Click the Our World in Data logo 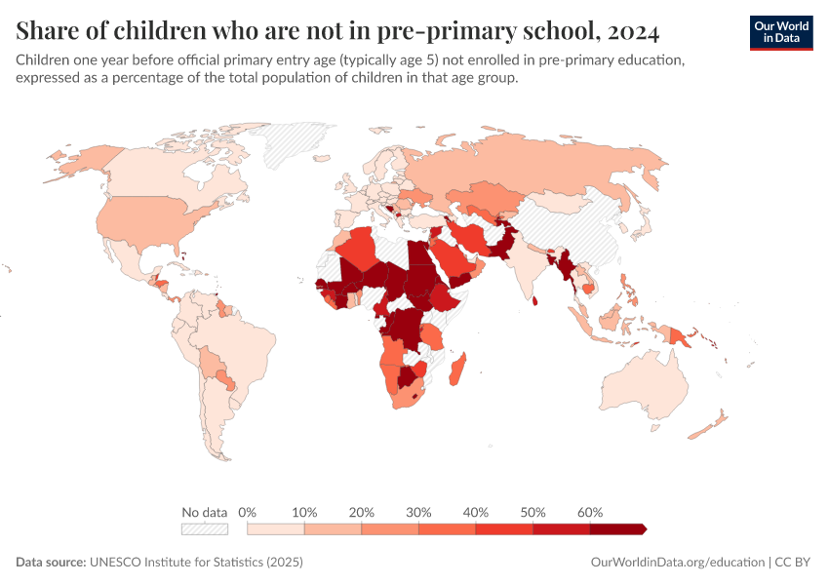780,32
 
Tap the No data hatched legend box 204,528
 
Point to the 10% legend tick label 305,512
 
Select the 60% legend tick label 590,512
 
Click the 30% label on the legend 418,512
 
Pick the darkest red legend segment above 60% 616,528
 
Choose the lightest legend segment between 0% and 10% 276,528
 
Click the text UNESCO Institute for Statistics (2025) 196,563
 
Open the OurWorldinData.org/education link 678,563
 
